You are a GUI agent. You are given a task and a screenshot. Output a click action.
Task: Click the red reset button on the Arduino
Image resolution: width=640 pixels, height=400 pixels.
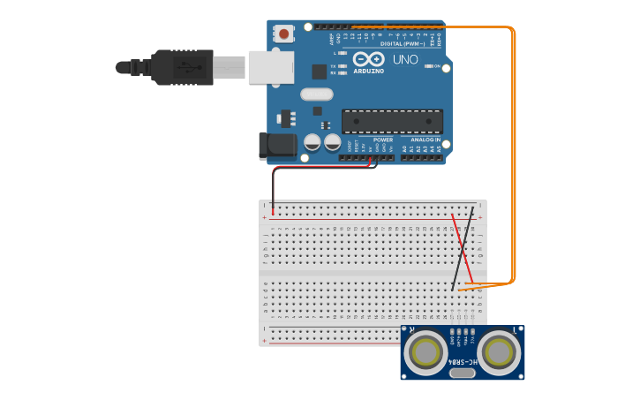pos(284,34)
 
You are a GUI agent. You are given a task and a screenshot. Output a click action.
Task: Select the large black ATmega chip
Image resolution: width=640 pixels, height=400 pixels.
pos(393,121)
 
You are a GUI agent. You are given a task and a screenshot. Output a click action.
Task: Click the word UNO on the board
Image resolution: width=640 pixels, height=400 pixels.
pos(405,60)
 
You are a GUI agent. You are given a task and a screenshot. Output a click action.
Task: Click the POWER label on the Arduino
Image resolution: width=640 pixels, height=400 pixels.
pos(383,140)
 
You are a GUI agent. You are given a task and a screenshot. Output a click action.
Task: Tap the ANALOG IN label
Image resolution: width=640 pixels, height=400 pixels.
pos(425,140)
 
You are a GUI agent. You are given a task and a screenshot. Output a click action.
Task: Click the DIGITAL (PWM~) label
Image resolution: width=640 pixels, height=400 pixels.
pos(403,43)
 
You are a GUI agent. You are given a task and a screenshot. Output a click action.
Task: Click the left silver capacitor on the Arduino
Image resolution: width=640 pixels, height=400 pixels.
pos(312,142)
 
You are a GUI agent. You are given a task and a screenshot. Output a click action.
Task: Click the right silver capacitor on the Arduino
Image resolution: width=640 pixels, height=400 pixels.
pos(332,142)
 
